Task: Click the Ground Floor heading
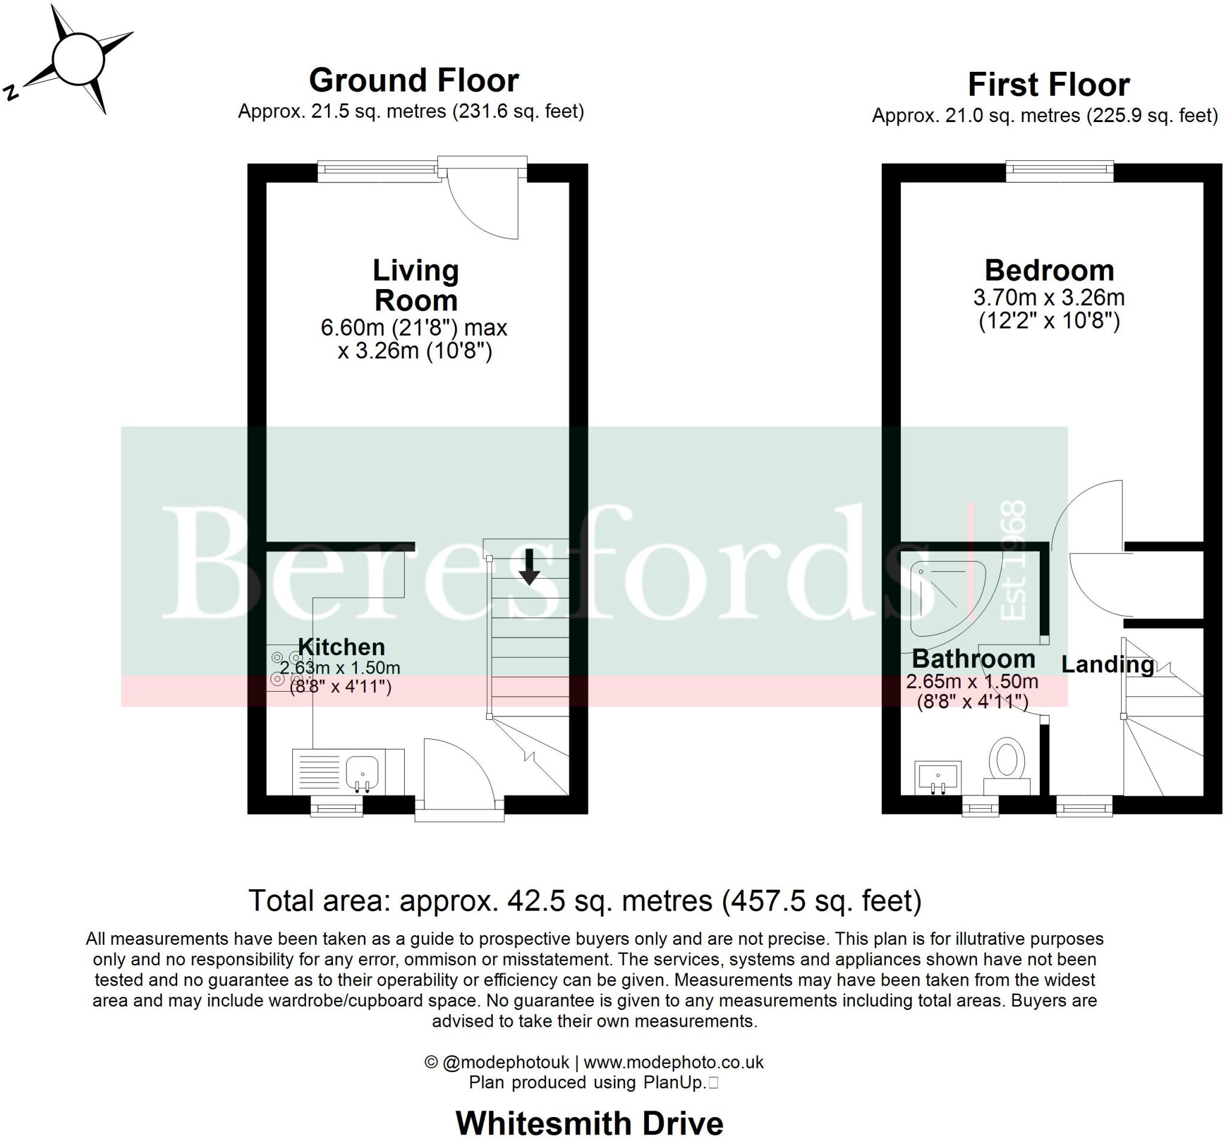(414, 81)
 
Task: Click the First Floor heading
(1048, 84)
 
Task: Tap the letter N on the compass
(11, 93)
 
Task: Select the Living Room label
(415, 285)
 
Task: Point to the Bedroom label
(1049, 270)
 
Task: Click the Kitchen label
(341, 647)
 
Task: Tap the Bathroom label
(973, 659)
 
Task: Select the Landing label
(1107, 665)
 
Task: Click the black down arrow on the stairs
(529, 568)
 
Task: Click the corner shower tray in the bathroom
(943, 595)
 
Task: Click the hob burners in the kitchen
(286, 669)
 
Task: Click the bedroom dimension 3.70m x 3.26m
(1049, 298)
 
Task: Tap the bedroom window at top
(1060, 171)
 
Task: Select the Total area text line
(584, 901)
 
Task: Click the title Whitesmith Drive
(589, 1123)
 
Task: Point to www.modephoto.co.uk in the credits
(673, 1062)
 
